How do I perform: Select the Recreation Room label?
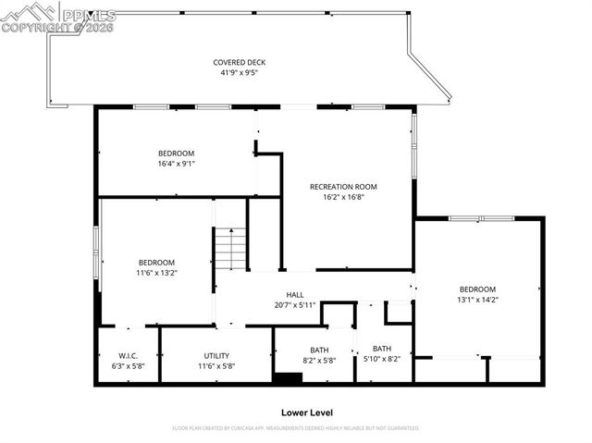343,186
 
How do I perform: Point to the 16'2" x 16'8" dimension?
343,196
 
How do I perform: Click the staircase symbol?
231,248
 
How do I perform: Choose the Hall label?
295,295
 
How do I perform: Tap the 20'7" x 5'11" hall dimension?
295,305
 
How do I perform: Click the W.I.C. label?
128,355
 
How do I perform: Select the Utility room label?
216,355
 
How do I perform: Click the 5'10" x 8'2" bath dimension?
382,359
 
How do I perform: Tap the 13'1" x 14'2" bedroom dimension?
477,299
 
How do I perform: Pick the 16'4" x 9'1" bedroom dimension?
176,164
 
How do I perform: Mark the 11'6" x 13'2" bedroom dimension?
156,273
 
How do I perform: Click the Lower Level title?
306,412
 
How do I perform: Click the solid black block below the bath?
288,378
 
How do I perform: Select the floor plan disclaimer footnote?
296,428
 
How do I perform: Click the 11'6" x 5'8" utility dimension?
216,365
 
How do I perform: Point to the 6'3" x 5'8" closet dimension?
128,365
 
